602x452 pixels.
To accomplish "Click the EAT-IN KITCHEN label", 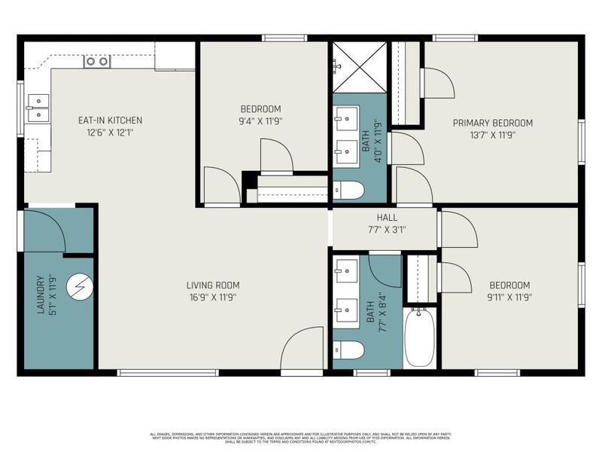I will pyautogui.click(x=110, y=121).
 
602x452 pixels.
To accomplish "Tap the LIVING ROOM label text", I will pyautogui.click(x=213, y=285).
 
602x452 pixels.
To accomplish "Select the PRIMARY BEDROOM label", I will pyautogui.click(x=492, y=123).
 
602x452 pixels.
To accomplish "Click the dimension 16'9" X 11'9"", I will pyautogui.click(x=213, y=297).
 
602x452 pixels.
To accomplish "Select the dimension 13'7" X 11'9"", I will pyautogui.click(x=492, y=136).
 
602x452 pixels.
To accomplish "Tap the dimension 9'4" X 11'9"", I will pyautogui.click(x=261, y=121).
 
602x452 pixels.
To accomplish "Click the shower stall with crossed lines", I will pyautogui.click(x=360, y=67).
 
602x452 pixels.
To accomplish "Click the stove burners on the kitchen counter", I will pyautogui.click(x=97, y=62).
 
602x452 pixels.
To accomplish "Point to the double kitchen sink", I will pyautogui.click(x=38, y=108).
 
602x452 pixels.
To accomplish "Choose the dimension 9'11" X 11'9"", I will pyautogui.click(x=509, y=297).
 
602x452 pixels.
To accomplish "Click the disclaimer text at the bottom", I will pyautogui.click(x=301, y=438).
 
